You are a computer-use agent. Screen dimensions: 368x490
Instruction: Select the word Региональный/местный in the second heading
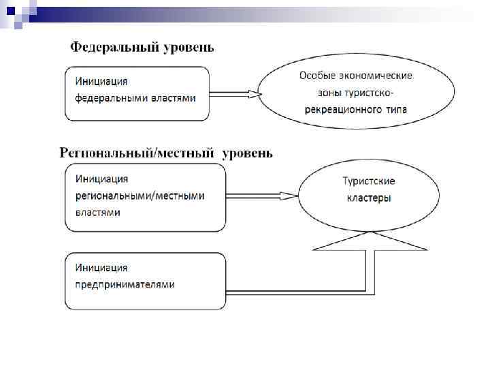point(137,153)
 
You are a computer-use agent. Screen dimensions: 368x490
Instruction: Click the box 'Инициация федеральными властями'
point(137,93)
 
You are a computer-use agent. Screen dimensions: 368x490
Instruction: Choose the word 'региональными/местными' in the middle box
point(140,196)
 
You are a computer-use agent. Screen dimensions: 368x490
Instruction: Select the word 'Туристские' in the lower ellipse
point(368,181)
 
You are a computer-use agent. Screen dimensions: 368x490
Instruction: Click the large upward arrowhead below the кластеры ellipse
point(369,241)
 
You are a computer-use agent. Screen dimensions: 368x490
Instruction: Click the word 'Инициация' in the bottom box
point(102,268)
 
